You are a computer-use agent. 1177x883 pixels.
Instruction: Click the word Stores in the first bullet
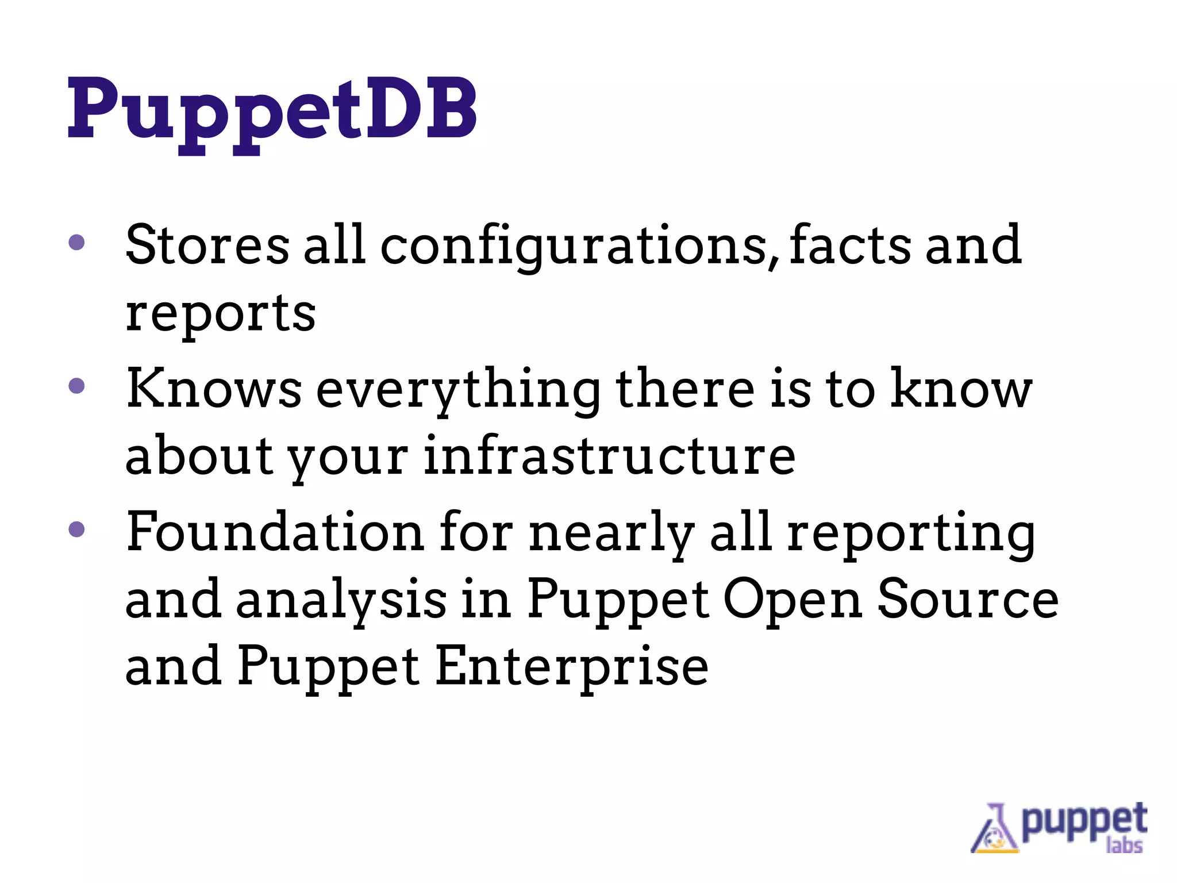click(x=207, y=245)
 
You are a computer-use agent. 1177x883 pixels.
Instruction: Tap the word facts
click(x=849, y=245)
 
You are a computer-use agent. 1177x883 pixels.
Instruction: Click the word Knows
click(x=214, y=389)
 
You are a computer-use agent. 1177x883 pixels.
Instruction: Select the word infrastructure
click(x=610, y=456)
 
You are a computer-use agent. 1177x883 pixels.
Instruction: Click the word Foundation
click(x=275, y=532)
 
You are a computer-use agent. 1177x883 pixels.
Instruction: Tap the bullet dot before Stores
click(x=76, y=242)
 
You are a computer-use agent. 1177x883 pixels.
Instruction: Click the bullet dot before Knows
click(x=76, y=386)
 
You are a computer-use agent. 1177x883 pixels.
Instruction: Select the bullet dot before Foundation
click(x=76, y=529)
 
